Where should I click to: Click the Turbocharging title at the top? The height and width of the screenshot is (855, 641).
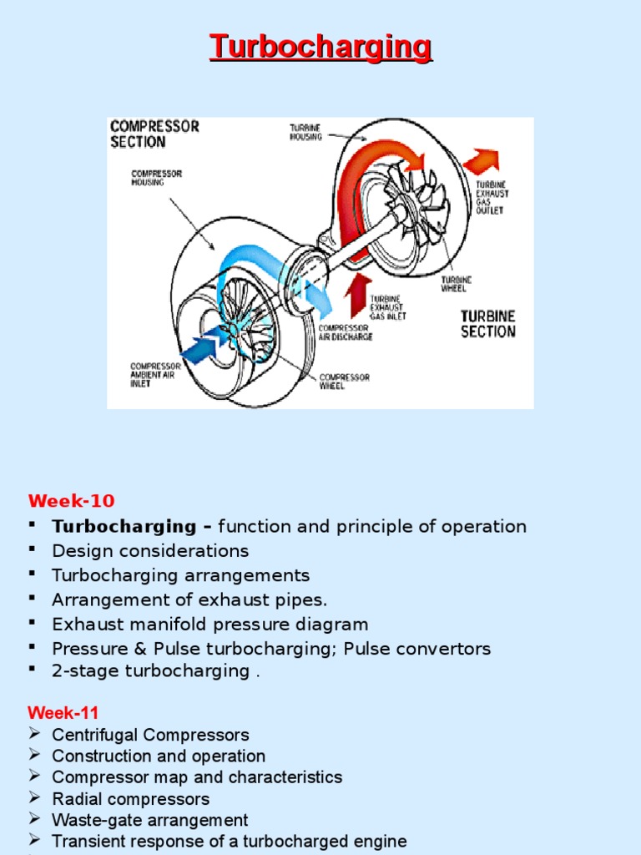coord(320,47)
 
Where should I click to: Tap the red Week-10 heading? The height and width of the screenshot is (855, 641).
coord(71,501)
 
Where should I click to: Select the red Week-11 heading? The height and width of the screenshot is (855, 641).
coord(63,713)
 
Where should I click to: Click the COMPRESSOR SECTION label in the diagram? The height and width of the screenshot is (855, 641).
coord(154,134)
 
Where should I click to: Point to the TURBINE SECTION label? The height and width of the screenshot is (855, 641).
coord(488,324)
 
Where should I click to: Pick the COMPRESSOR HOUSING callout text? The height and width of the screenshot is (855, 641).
coord(157,178)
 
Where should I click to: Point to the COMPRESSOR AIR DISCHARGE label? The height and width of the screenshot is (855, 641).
coord(346,332)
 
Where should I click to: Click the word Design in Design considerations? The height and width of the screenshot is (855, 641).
coord(77,551)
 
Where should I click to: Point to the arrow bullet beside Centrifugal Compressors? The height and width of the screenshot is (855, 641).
coord(34,734)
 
